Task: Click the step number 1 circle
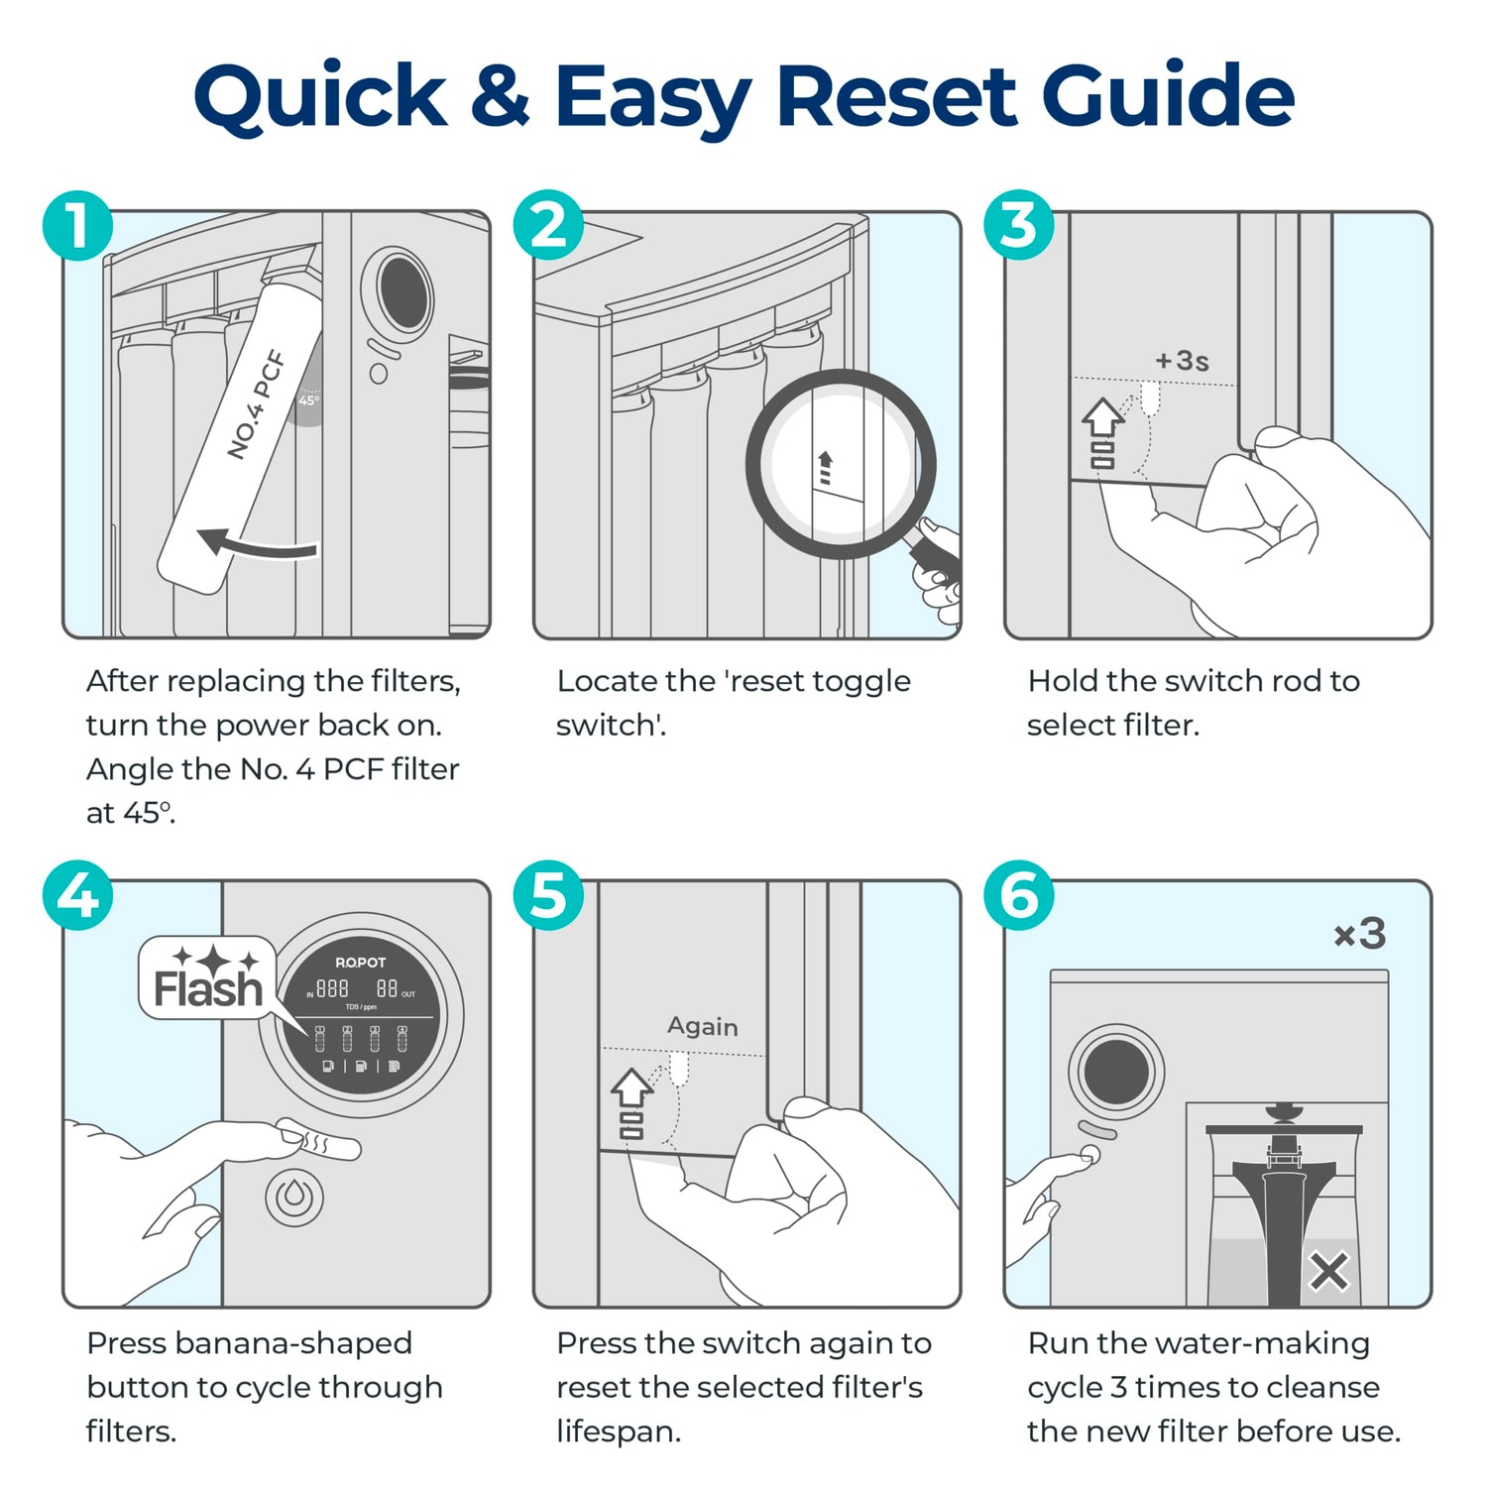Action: point(77,225)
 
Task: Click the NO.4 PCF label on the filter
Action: point(256,404)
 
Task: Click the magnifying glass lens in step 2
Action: point(840,464)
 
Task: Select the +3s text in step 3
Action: point(1182,360)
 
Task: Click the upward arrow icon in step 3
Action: point(1102,417)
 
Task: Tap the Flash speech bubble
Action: point(207,978)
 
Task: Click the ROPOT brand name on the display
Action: point(360,963)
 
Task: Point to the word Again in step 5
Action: point(702,1025)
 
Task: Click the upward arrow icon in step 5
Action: point(631,1087)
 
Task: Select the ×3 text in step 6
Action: point(1359,933)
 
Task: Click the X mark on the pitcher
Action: point(1328,1271)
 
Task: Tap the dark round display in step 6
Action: point(1116,1072)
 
